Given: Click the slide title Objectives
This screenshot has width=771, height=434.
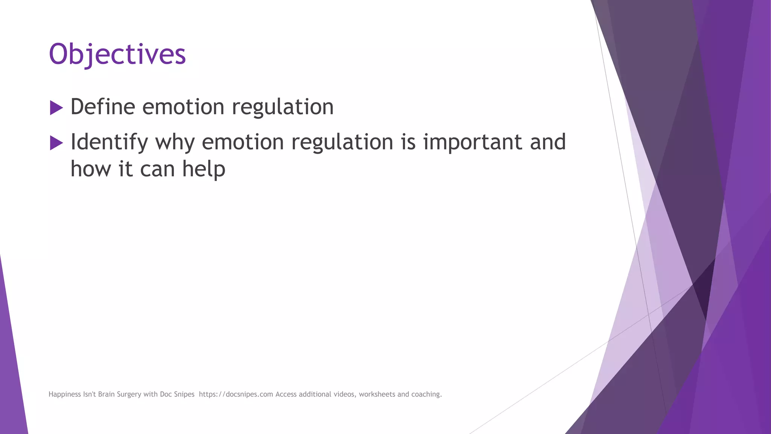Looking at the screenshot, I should pos(117,54).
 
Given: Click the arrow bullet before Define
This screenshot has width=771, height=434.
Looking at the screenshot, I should pos(56,108).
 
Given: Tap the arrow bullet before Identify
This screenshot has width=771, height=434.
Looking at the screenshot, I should pos(56,143).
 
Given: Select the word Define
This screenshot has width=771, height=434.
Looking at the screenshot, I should pos(102,107).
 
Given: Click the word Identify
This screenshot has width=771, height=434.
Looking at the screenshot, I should pos(109,142).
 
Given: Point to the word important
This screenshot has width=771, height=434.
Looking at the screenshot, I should pos(472,142).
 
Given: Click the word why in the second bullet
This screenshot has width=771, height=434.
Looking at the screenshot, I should pos(175,142).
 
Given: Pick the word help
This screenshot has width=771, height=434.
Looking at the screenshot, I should pos(204,169).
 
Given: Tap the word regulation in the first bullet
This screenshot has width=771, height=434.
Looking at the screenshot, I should pos(282,107).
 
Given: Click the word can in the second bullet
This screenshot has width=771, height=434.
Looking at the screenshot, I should pos(157,169).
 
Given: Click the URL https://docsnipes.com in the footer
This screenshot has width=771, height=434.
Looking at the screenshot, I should pos(236,394).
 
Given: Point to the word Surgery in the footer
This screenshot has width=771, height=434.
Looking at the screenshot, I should pos(129,394).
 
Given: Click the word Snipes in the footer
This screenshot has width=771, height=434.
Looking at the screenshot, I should pos(184,394).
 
